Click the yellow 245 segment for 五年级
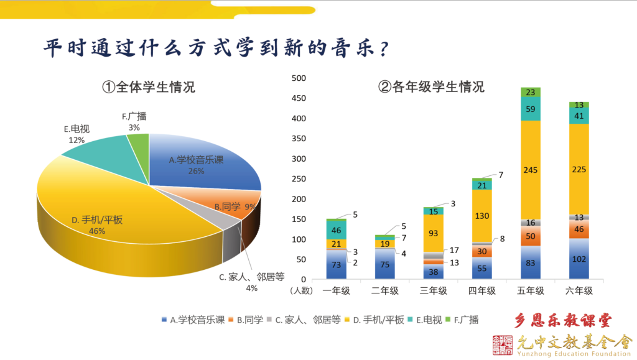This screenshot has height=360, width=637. click(x=531, y=169)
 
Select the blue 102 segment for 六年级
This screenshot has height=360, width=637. click(x=579, y=259)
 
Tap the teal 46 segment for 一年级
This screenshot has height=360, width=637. click(x=337, y=230)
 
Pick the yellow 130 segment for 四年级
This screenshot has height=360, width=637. click(x=482, y=216)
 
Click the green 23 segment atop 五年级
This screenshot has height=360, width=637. click(x=531, y=92)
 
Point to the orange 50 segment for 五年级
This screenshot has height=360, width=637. click(x=531, y=236)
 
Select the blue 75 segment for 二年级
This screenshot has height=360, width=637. click(x=385, y=264)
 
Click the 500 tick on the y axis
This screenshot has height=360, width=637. click(x=299, y=78)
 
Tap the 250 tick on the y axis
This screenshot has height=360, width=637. click(x=299, y=179)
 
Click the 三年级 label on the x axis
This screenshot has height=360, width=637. click(x=434, y=291)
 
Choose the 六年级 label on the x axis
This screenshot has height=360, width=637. click(x=579, y=291)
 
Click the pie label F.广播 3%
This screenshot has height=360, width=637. click(x=134, y=121)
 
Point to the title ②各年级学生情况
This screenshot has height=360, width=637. click(x=431, y=87)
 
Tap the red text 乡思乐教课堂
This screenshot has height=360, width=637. click(x=564, y=321)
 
